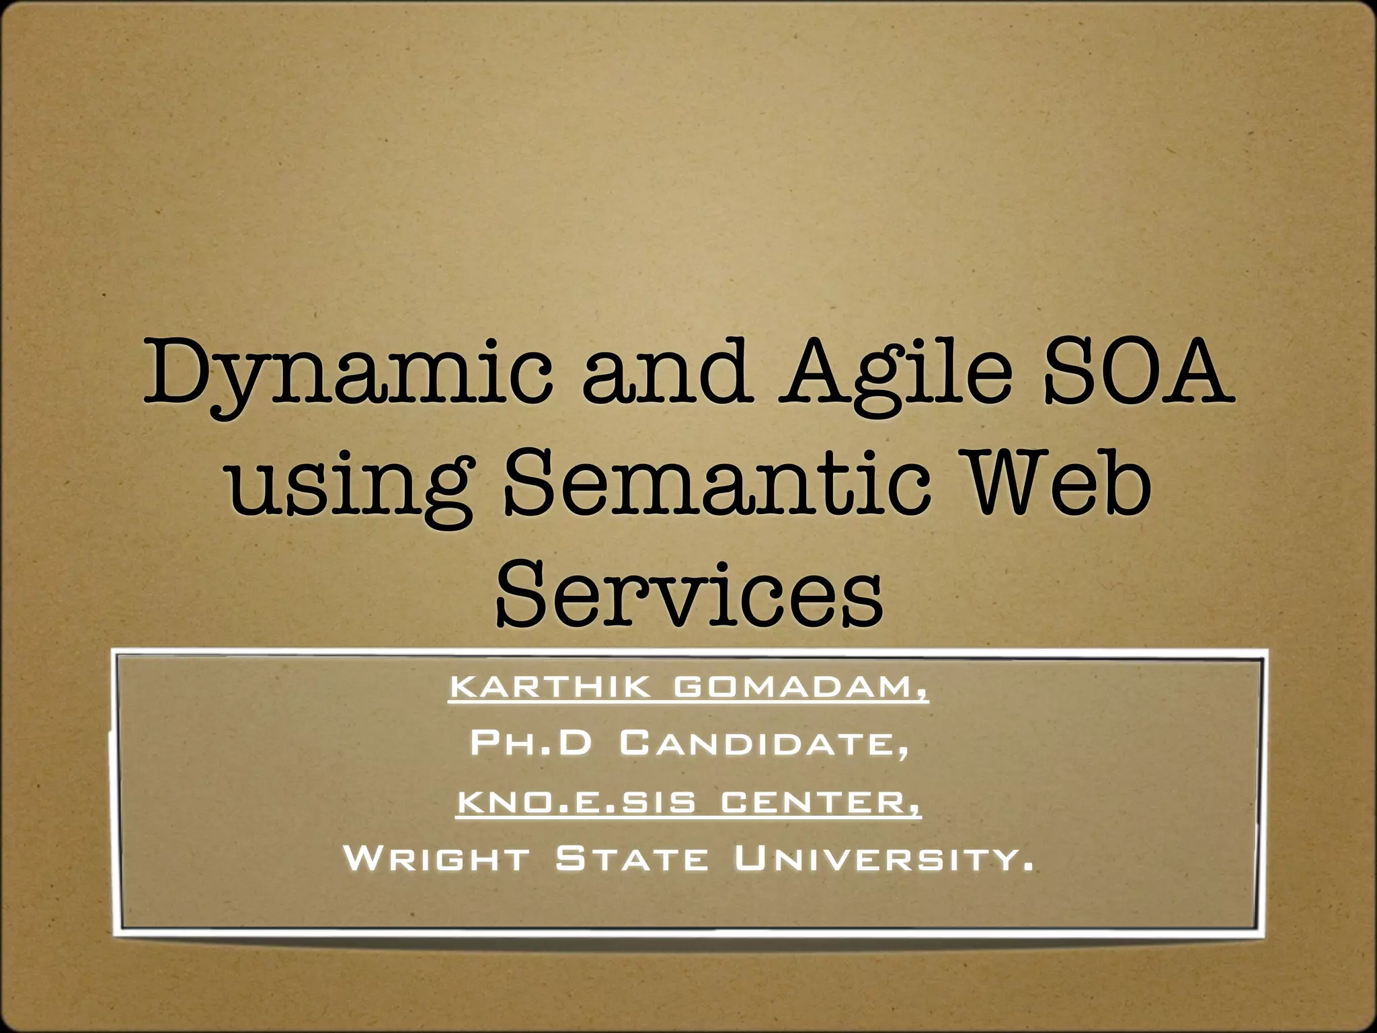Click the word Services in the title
(x=689, y=593)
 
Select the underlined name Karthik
(x=551, y=687)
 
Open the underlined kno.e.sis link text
(x=576, y=802)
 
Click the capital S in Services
(x=521, y=593)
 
